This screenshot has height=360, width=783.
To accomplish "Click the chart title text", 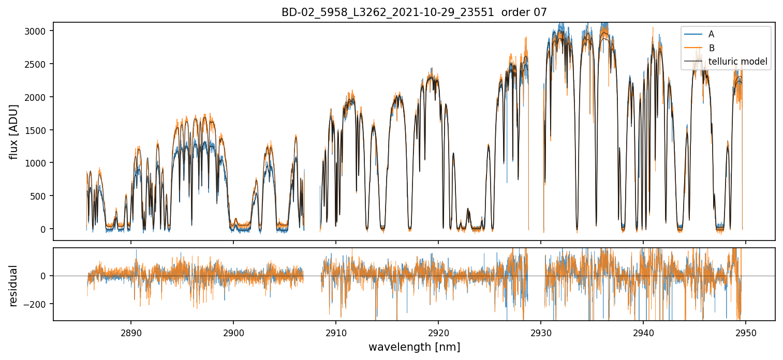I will [x=414, y=12].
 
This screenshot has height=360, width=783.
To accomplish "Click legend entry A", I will [x=711, y=34].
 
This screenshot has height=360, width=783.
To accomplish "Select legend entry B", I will [x=711, y=48].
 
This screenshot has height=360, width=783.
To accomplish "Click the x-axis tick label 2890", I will [x=130, y=331].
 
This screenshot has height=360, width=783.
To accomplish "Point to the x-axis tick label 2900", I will [x=233, y=331].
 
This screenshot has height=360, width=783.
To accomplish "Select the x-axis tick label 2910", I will [x=336, y=331].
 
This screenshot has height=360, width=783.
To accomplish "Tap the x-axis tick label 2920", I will [x=438, y=331].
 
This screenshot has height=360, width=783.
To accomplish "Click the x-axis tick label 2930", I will [x=541, y=331].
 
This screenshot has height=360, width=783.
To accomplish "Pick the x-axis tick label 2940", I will [x=643, y=331].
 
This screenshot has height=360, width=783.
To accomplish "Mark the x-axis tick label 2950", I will [x=746, y=331].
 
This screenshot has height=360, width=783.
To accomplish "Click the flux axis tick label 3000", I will [x=38, y=31].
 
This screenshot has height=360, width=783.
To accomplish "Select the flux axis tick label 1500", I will [x=38, y=130].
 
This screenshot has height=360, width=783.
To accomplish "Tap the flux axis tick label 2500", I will [x=38, y=64].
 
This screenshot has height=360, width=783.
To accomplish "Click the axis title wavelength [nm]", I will [x=414, y=347].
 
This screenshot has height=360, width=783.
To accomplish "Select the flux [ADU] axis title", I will [x=14, y=131].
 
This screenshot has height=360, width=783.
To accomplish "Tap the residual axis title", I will [x=14, y=285].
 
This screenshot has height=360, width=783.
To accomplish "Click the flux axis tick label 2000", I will [x=38, y=97].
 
